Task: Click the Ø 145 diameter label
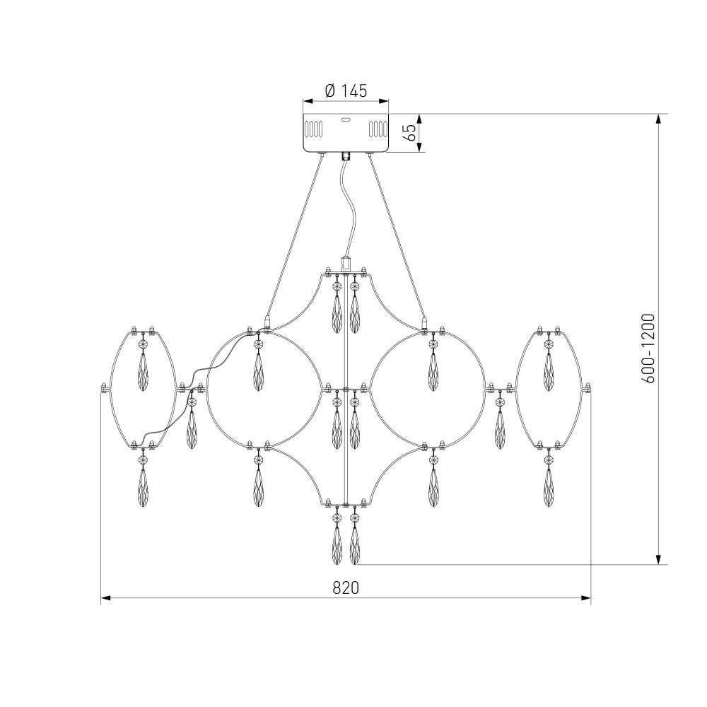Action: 346,91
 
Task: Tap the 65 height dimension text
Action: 411,133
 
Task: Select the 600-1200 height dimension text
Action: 648,349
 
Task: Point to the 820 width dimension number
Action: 346,588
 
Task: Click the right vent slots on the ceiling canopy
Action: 378,129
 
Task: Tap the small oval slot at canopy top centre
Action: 346,120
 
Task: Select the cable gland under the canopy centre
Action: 346,156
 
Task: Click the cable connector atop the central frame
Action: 346,263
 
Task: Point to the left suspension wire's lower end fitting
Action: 267,322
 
